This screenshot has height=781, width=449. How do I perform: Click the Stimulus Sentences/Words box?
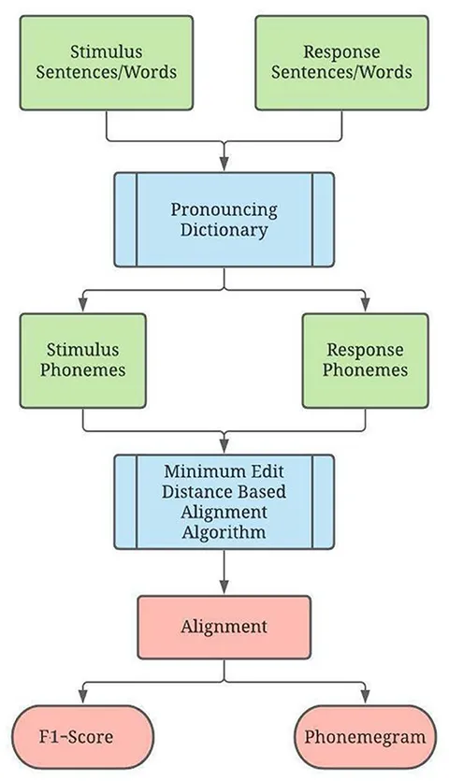pyautogui.click(x=106, y=63)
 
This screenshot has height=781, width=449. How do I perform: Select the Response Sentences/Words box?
pyautogui.click(x=341, y=63)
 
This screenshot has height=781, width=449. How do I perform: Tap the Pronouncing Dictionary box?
pyautogui.click(x=224, y=220)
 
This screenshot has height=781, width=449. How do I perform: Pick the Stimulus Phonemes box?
pyautogui.click(x=82, y=361)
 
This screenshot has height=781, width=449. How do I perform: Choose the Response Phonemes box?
pyautogui.click(x=365, y=361)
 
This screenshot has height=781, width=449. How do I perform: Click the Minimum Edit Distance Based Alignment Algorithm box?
pyautogui.click(x=224, y=501)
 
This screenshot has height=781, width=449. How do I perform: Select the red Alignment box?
pyautogui.click(x=224, y=627)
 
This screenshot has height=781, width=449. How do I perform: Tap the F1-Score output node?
pyautogui.click(x=82, y=737)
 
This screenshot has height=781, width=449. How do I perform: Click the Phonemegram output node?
pyautogui.click(x=365, y=737)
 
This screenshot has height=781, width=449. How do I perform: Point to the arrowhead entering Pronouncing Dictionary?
pyautogui.click(x=224, y=165)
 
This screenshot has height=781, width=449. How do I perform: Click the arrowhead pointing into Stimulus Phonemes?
pyautogui.click(x=82, y=306)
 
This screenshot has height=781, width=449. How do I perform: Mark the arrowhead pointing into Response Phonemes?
pyautogui.click(x=365, y=306)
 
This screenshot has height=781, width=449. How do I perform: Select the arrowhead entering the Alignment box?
pyautogui.click(x=224, y=588)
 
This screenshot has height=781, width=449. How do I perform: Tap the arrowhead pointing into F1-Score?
pyautogui.click(x=82, y=698)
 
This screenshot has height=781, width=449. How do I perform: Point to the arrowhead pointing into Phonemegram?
pyautogui.click(x=365, y=698)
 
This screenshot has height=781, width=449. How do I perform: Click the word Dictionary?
pyautogui.click(x=224, y=231)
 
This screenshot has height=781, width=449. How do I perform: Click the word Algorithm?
pyautogui.click(x=224, y=533)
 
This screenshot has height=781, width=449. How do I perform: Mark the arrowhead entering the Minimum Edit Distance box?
pyautogui.click(x=224, y=447)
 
